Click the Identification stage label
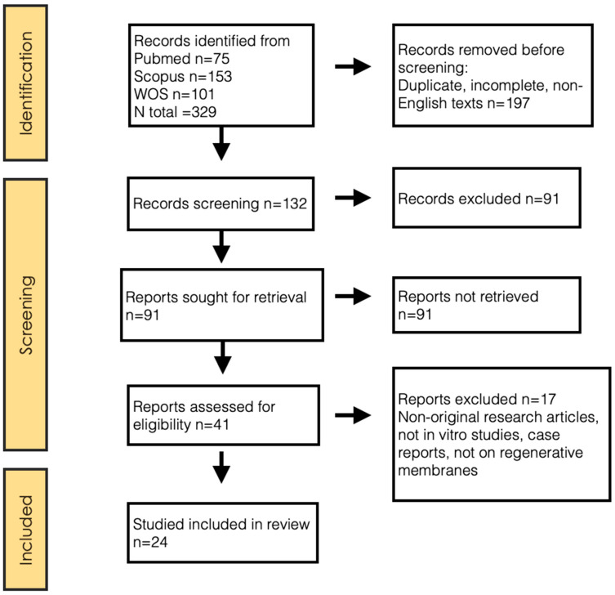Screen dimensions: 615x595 coord(26,83)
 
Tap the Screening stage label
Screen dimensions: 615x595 coord(27,315)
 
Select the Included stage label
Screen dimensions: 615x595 coord(26,530)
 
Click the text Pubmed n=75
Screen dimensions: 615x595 coord(181,59)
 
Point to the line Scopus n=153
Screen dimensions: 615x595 coord(183,77)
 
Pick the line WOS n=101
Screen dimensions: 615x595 coord(174,94)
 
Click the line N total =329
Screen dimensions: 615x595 coord(175,112)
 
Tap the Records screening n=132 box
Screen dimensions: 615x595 coord(221,204)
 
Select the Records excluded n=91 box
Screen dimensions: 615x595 coord(487,198)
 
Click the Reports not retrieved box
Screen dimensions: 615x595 coord(487,305)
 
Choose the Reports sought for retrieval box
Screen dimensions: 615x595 coord(222,305)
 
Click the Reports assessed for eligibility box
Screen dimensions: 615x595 coord(223,415)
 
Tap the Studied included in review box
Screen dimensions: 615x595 coord(222,533)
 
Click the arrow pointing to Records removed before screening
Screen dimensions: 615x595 coord(353,66)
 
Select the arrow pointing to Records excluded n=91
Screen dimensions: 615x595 coord(353,198)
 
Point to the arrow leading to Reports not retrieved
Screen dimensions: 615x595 coord(353,296)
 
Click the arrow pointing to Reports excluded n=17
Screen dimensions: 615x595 coord(353,415)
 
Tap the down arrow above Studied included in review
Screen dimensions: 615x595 coord(221,467)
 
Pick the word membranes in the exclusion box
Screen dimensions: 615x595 coord(438,470)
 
